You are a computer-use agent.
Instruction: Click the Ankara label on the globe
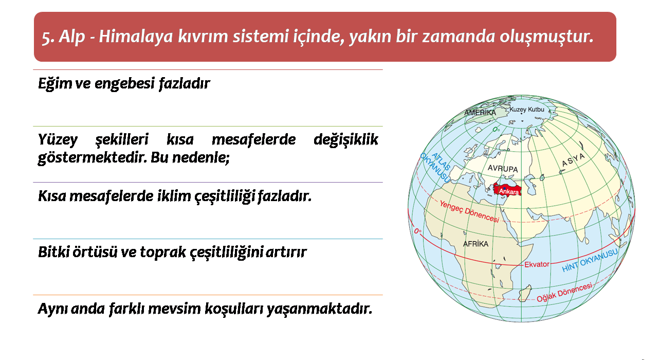pyautogui.click(x=509, y=192)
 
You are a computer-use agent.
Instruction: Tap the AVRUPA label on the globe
pyautogui.click(x=503, y=168)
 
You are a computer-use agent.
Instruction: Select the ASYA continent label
pyautogui.click(x=573, y=160)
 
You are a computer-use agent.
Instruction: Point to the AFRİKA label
pyautogui.click(x=476, y=244)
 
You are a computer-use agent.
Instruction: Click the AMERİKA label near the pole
pyautogui.click(x=480, y=113)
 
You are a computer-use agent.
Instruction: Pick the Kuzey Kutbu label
pyautogui.click(x=527, y=110)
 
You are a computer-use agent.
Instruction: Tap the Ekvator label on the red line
pyautogui.click(x=537, y=264)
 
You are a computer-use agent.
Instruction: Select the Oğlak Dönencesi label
pyautogui.click(x=564, y=292)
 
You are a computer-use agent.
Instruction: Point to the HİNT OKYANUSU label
pyautogui.click(x=590, y=260)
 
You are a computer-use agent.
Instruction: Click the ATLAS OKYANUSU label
pyautogui.click(x=436, y=167)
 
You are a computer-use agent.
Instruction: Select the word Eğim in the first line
pyautogui.click(x=55, y=84)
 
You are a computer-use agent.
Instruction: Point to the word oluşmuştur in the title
pyautogui.click(x=546, y=37)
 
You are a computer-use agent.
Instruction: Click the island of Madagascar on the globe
pyautogui.click(x=525, y=294)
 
